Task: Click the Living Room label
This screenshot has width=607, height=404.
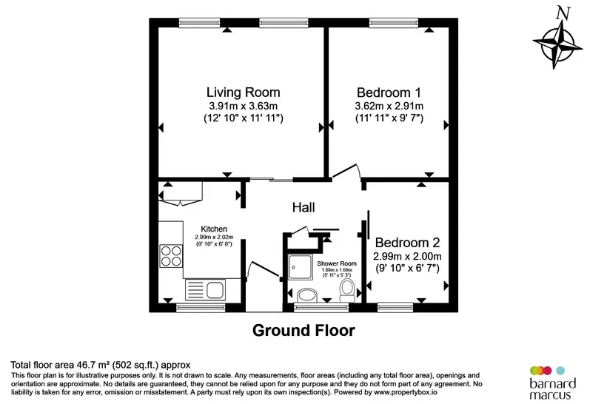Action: click(x=243, y=92)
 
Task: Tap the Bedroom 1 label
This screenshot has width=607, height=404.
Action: click(x=389, y=92)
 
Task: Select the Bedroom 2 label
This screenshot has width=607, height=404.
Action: click(x=407, y=243)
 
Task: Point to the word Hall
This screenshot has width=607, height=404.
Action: click(x=303, y=207)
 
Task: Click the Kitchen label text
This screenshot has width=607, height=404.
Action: click(x=214, y=229)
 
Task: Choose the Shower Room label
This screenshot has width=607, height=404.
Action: click(x=337, y=263)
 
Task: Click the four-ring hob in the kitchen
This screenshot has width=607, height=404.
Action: click(x=171, y=256)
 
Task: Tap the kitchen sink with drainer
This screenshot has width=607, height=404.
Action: click(x=205, y=290)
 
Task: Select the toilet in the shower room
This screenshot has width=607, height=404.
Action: click(x=347, y=291)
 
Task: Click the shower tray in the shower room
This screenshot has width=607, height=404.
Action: click(x=301, y=267)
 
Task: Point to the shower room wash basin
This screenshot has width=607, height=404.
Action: click(x=307, y=295)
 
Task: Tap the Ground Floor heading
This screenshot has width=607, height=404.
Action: click(x=303, y=331)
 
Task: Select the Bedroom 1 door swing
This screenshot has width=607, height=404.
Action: click(x=347, y=172)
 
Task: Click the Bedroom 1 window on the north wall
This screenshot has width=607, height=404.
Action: click(x=394, y=23)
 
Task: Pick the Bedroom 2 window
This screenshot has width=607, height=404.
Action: click(x=395, y=308)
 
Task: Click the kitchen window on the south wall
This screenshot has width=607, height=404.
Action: click(x=201, y=308)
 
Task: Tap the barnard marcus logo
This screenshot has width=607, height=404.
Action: click(x=552, y=383)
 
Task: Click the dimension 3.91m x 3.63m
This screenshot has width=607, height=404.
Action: click(x=243, y=106)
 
